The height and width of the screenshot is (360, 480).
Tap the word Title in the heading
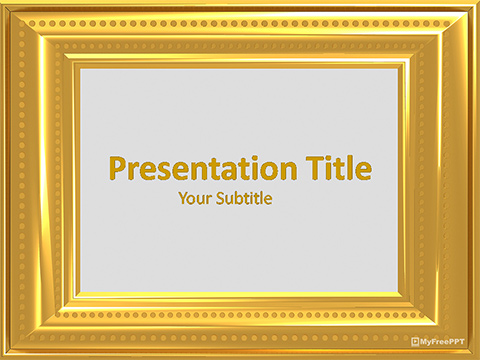tap(338, 168)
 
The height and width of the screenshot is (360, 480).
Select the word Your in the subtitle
tap(194, 198)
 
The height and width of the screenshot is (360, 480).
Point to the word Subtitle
tap(242, 198)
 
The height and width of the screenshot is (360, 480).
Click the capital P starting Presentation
tap(117, 168)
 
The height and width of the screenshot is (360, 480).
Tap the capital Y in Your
tap(183, 198)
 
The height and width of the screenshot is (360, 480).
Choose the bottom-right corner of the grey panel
tap(402, 291)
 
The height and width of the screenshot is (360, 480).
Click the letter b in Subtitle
tap(235, 198)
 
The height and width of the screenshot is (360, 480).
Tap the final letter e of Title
tap(363, 169)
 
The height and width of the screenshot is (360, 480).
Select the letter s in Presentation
tap(166, 169)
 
